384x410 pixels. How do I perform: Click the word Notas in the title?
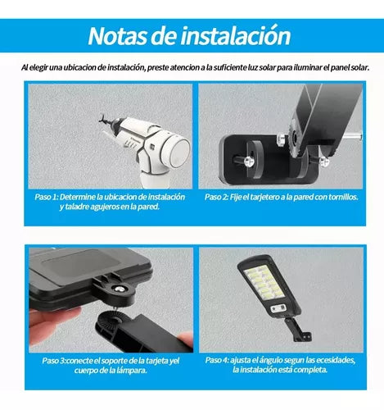click(x=117, y=36)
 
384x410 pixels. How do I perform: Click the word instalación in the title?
click(x=236, y=35)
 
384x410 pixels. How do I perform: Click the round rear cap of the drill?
click(x=178, y=150)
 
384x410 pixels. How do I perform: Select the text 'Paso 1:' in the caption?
click(x=47, y=197)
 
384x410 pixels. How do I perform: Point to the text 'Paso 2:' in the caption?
click(x=216, y=197)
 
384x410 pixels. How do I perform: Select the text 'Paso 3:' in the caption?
click(x=54, y=361)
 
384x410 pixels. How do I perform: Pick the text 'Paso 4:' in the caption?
click(x=217, y=360)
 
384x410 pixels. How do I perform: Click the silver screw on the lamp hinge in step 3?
click(x=119, y=289)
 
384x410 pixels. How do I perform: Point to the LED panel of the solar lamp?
click(x=263, y=283)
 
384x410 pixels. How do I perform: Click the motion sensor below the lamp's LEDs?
click(x=278, y=308)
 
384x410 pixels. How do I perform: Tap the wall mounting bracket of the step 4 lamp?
click(x=298, y=330)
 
